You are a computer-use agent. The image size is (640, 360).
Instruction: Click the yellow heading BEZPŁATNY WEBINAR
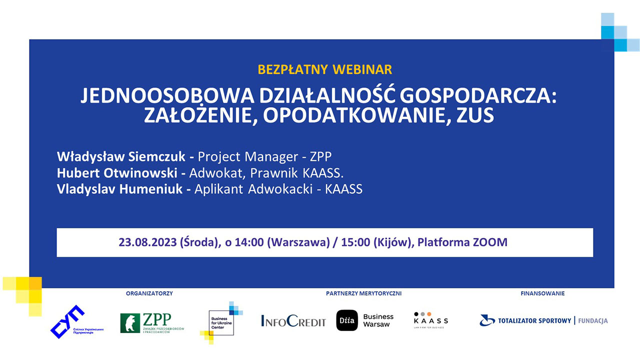pyautogui.click(x=324, y=69)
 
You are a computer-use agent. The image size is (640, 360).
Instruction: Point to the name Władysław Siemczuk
pyautogui.click(x=121, y=156)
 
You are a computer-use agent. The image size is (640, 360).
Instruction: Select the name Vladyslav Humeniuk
pyautogui.click(x=119, y=189)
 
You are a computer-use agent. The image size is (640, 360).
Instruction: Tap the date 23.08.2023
pyautogui.click(x=147, y=242)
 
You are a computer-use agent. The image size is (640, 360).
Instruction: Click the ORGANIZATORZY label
pyautogui.click(x=149, y=293)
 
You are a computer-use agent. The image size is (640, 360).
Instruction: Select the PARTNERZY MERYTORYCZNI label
pyautogui.click(x=363, y=293)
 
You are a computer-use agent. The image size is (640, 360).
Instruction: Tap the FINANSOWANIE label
pyautogui.click(x=542, y=293)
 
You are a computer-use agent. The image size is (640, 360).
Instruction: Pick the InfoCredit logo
pyautogui.click(x=293, y=321)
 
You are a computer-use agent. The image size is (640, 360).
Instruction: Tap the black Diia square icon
pyautogui.click(x=347, y=320)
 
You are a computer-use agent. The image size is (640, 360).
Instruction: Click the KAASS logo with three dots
pyautogui.click(x=430, y=320)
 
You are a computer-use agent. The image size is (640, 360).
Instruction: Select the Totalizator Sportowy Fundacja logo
pyautogui.click(x=543, y=320)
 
